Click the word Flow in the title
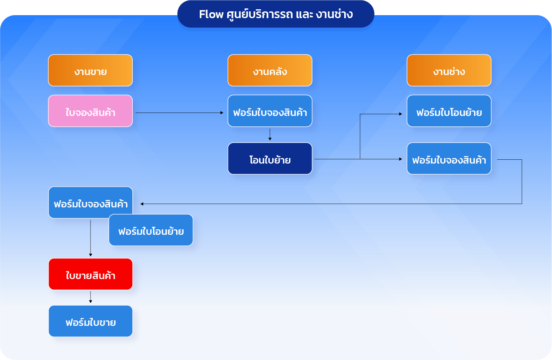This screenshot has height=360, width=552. coord(211,14)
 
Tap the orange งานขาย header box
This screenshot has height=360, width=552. coord(91,70)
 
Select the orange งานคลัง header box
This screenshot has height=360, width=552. coord(270,70)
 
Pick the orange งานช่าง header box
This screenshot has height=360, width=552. coord(449,70)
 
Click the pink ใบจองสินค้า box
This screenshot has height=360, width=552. coord(91,111)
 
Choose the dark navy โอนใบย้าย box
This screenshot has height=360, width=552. coord(270,159)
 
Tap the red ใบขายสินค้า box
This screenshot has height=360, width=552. coord(91,274)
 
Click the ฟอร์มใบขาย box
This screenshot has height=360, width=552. coord(91,321)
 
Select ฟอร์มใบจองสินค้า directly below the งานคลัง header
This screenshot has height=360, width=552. coord(270,111)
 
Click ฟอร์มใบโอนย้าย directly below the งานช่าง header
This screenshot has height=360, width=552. coord(449,111)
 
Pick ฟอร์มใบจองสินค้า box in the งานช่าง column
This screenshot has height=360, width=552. coord(449,159)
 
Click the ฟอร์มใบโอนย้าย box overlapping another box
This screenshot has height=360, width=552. coord(151,230)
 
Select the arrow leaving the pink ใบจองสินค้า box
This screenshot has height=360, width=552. coord(180,113)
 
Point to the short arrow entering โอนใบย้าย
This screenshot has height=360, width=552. coord(270,134)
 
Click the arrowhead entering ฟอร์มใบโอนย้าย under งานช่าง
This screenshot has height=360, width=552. coord(401,114)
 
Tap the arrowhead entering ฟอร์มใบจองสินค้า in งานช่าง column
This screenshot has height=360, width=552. coord(401,159)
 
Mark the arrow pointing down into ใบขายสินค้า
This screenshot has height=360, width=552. coord(91,238)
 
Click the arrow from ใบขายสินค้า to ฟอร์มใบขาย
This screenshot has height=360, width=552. coord(91,297)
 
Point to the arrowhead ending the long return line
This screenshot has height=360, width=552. coord(142,204)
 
